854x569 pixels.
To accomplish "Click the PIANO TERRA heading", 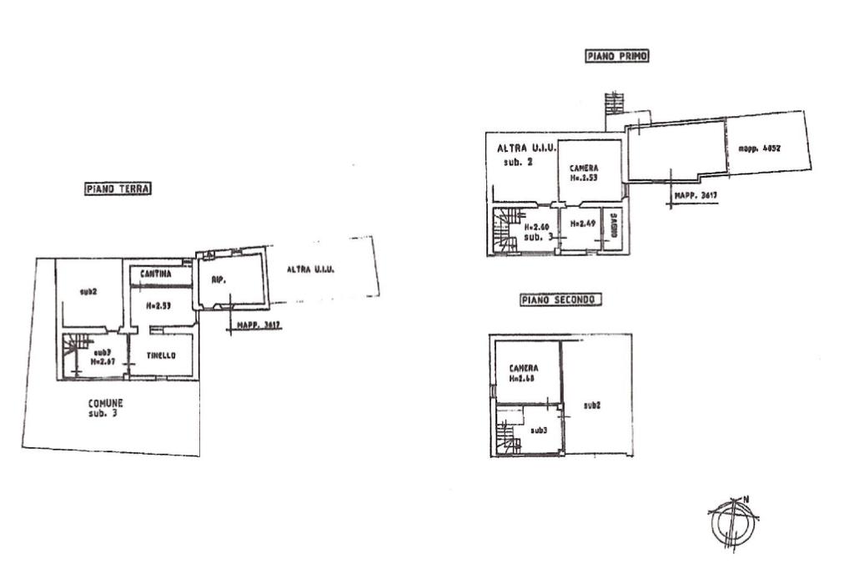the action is click(118, 189).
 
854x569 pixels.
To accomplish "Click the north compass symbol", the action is click(732, 522).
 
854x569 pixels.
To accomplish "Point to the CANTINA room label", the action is click(156, 274).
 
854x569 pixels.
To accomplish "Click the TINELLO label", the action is click(162, 355).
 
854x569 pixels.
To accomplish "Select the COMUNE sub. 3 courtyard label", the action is click(106, 407).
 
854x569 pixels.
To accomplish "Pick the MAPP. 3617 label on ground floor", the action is click(259, 325).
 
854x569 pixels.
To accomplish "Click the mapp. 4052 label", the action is click(759, 149).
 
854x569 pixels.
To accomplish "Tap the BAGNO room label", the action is click(613, 227).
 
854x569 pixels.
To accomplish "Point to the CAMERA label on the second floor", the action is click(524, 368).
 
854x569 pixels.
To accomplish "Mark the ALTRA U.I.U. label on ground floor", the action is click(310, 269).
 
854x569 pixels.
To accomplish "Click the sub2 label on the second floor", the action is click(593, 405).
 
